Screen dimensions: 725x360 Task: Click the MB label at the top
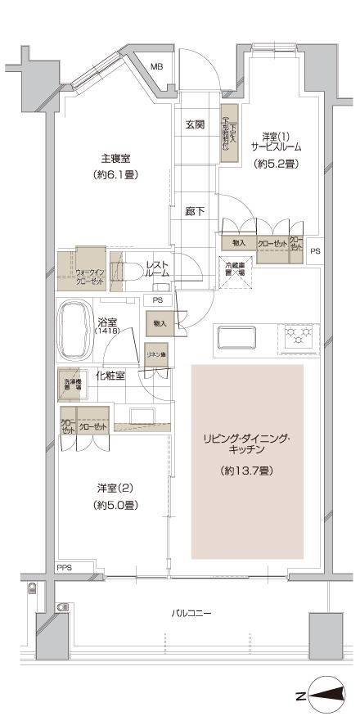coord(155,66)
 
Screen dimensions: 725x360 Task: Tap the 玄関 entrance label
coord(195,124)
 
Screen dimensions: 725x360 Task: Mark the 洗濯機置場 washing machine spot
coord(72,382)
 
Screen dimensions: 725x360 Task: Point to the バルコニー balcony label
coord(191,611)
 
